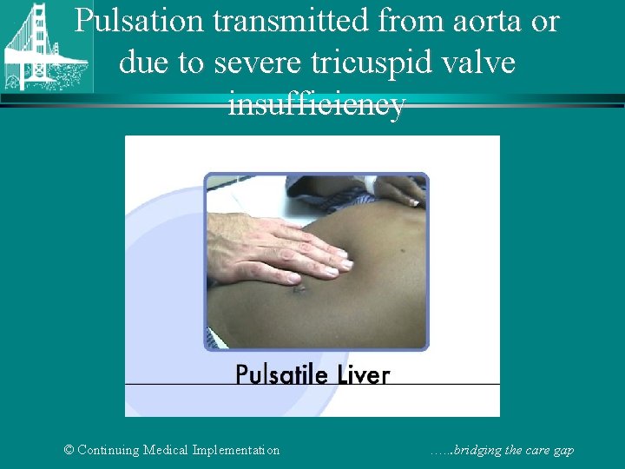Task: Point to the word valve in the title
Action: tap(478, 62)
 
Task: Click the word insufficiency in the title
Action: tap(316, 104)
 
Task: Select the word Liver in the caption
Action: tap(362, 375)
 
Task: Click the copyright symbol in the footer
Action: tap(69, 450)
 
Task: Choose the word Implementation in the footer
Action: tap(241, 450)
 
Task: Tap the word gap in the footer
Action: tap(562, 450)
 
